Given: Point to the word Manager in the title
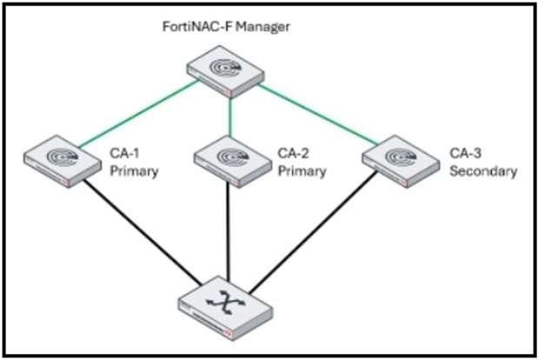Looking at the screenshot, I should click(x=262, y=27).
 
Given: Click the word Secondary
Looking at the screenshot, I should click(x=482, y=171).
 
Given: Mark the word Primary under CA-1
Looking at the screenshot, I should click(x=133, y=171).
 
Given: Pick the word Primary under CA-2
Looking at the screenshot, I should click(x=302, y=171).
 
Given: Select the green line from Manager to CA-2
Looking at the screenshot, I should click(x=229, y=113).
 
